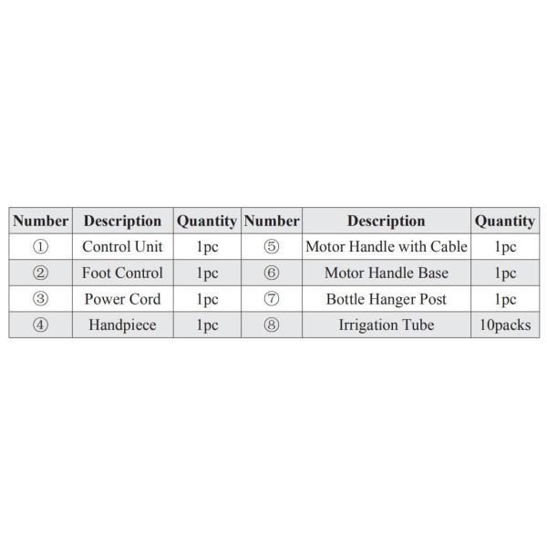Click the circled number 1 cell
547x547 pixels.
(x=40, y=246)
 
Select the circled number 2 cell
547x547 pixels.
(x=40, y=273)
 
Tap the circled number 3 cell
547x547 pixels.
(x=40, y=299)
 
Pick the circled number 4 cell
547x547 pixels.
(x=40, y=325)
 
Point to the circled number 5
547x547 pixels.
(x=271, y=246)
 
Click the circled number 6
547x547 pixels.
(x=271, y=273)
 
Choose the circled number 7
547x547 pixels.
(x=271, y=299)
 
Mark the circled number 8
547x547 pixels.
(x=271, y=325)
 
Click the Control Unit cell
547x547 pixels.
(x=122, y=246)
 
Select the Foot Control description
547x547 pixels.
(x=122, y=273)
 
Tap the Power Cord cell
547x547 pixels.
(x=122, y=299)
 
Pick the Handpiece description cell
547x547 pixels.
(x=122, y=325)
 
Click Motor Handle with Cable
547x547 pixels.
(x=386, y=246)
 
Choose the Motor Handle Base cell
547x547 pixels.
(x=386, y=273)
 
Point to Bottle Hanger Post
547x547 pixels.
(x=386, y=299)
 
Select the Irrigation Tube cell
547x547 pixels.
(x=386, y=325)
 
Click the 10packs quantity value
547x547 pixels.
(x=504, y=325)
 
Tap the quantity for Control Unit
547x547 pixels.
(x=207, y=246)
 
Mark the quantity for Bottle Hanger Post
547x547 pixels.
(x=504, y=299)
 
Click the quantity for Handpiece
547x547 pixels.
(x=207, y=325)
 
